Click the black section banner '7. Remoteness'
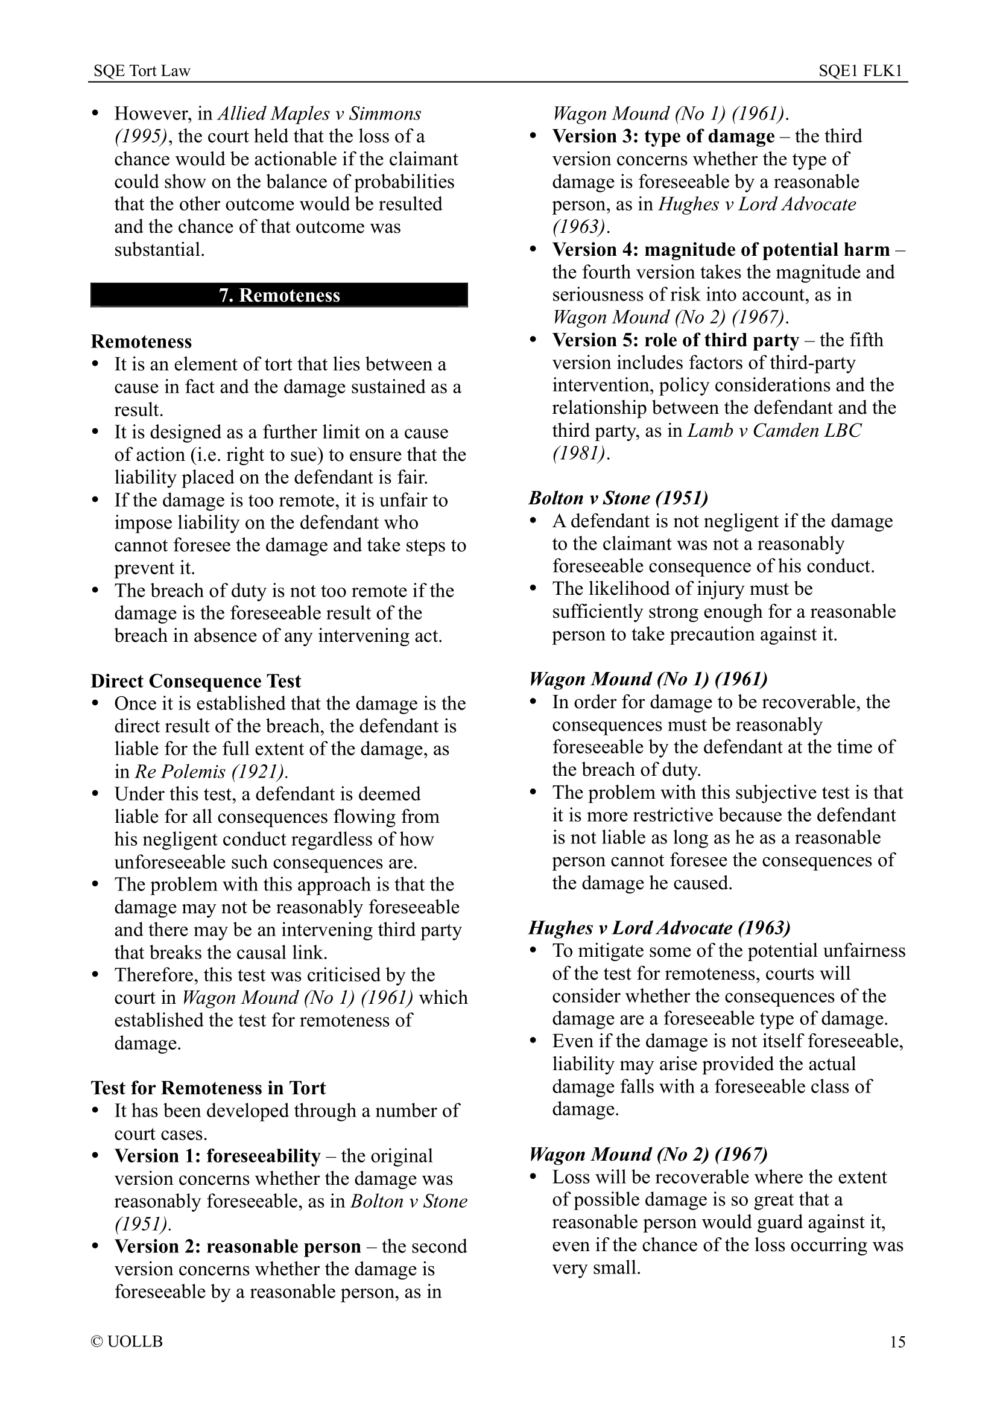(x=279, y=295)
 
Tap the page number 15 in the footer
(x=897, y=1342)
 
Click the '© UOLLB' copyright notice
(x=127, y=1342)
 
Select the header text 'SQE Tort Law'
(x=142, y=71)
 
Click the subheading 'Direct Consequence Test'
(x=196, y=681)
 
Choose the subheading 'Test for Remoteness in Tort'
(x=207, y=1088)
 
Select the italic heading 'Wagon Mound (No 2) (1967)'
(x=648, y=1154)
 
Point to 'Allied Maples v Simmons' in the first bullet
(x=320, y=113)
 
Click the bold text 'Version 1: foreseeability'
(x=218, y=1156)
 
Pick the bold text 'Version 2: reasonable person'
(x=238, y=1246)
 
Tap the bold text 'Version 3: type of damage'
(x=663, y=136)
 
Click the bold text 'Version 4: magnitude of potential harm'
(x=721, y=250)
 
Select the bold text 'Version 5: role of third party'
(x=675, y=340)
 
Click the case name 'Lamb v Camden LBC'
(x=774, y=430)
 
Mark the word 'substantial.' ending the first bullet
(x=159, y=250)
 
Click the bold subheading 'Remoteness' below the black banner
(x=141, y=341)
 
